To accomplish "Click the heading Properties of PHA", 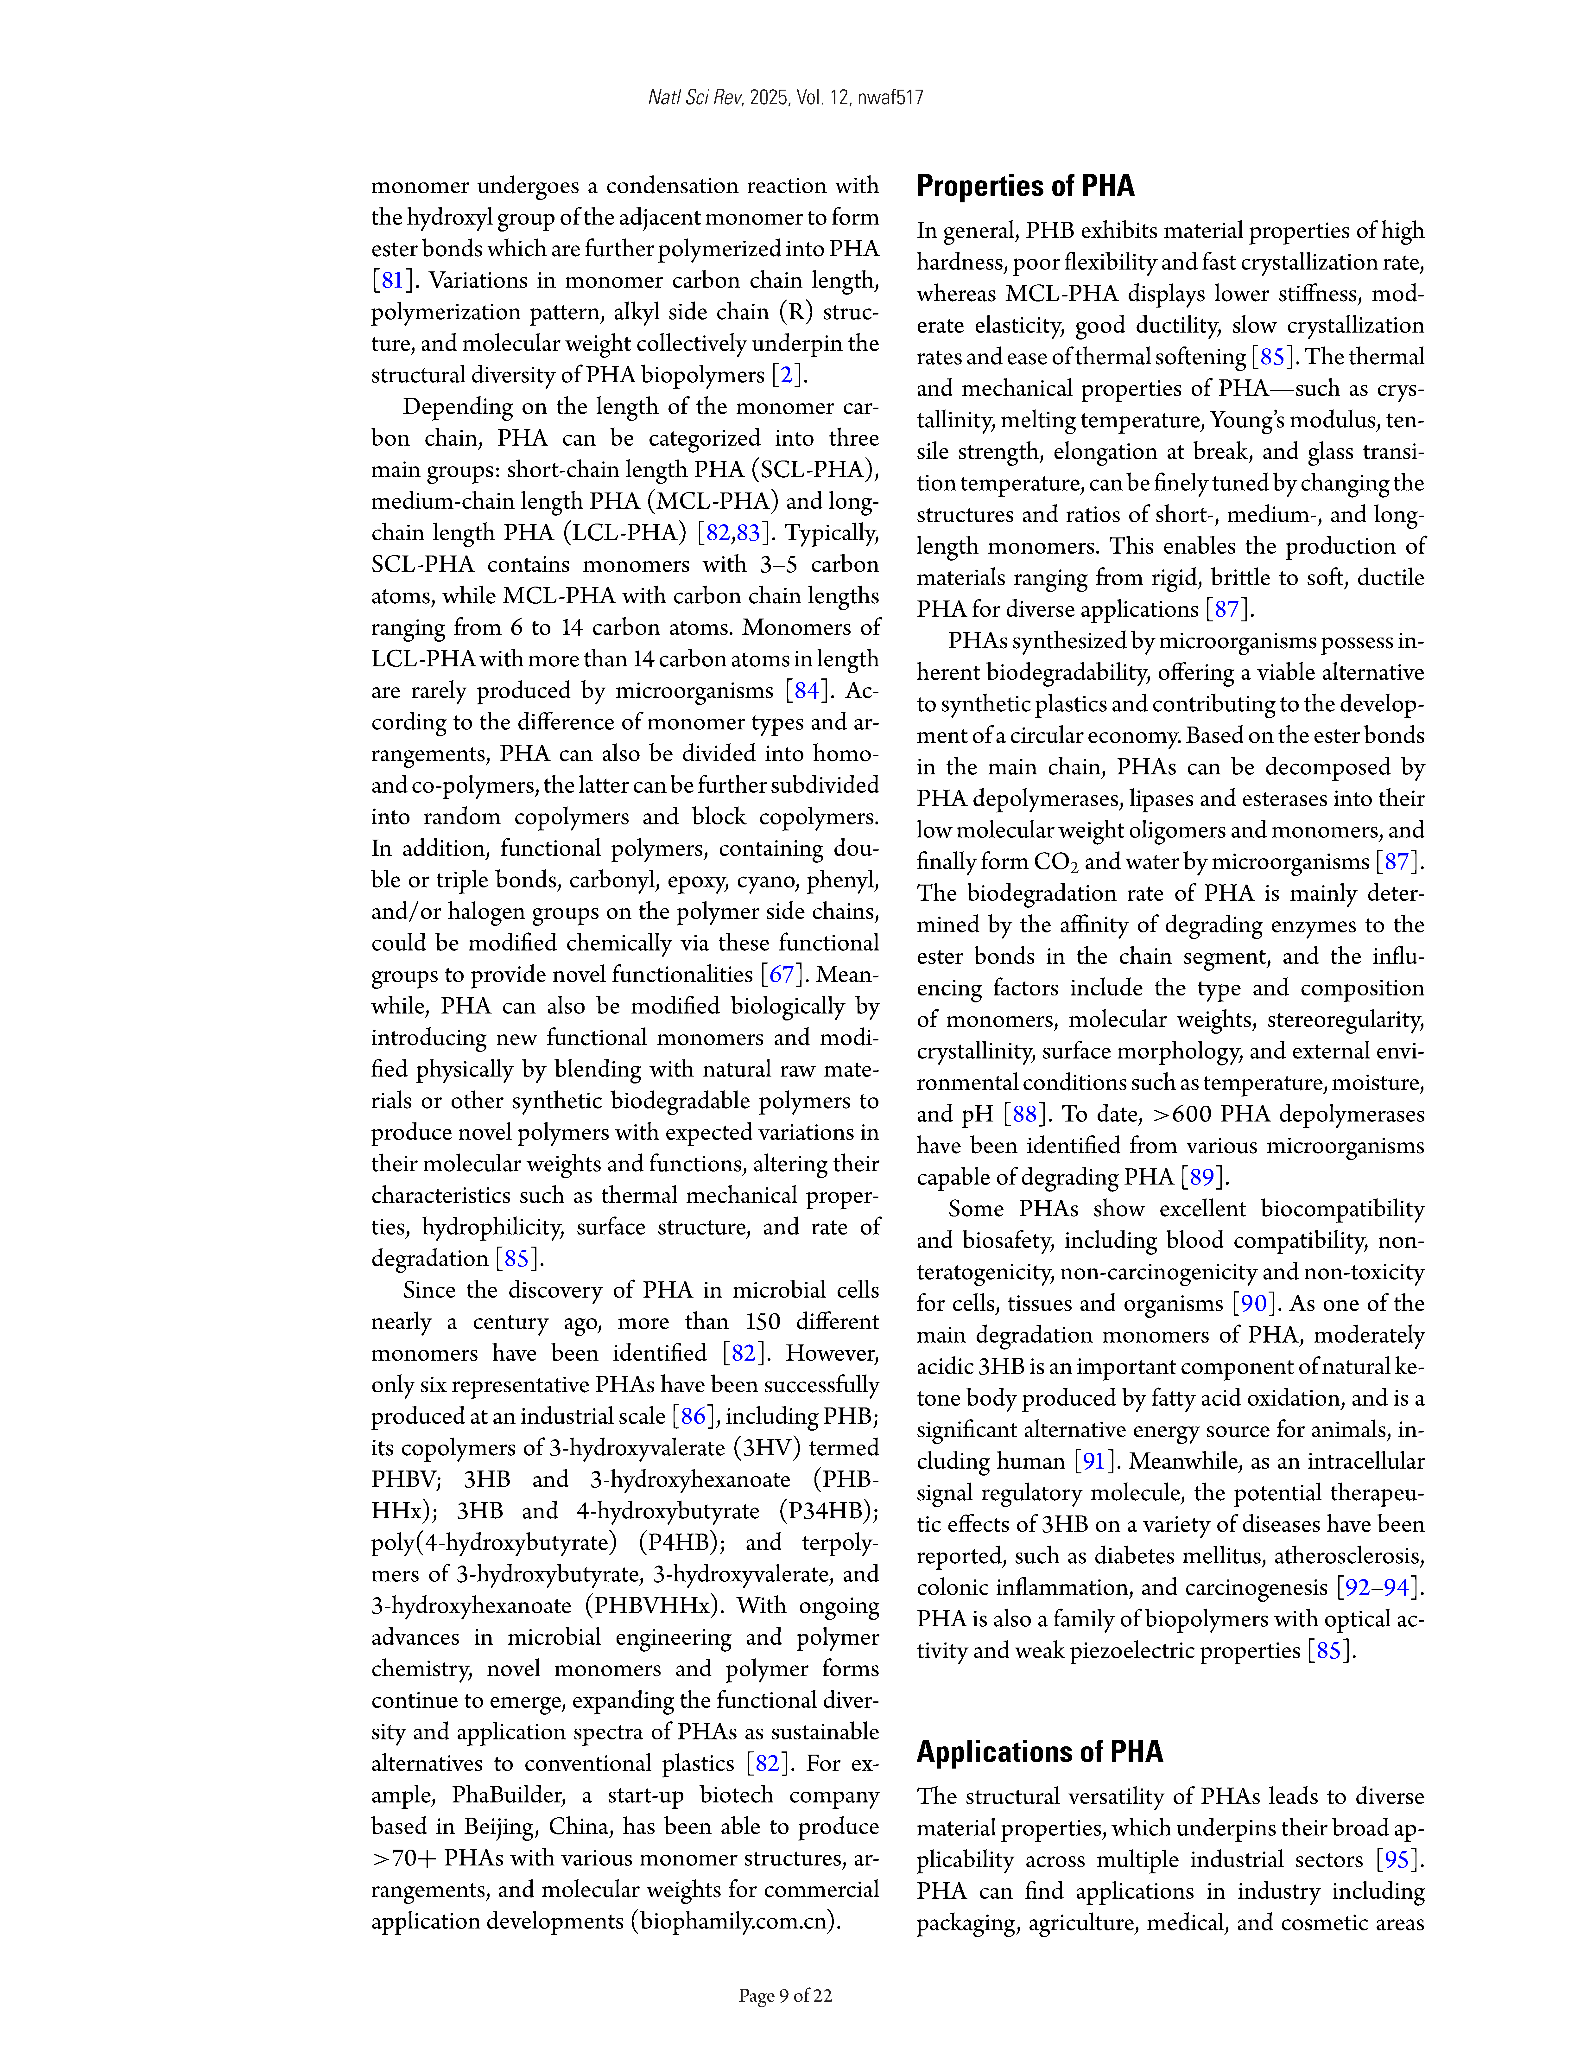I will [1025, 186].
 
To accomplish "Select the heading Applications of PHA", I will [1039, 1752].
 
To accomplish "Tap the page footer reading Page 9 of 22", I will [785, 1996].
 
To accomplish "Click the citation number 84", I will [806, 691].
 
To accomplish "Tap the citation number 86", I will [693, 1416].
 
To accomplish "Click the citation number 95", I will [1396, 1859].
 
